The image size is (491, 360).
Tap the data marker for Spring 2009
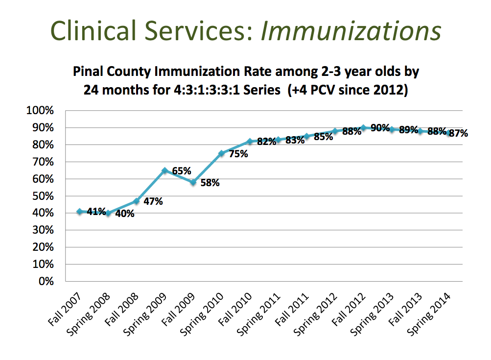(x=164, y=171)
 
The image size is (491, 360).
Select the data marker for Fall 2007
(x=79, y=212)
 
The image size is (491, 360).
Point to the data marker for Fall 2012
(x=363, y=127)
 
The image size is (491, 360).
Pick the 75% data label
(x=238, y=153)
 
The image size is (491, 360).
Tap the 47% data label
(x=153, y=201)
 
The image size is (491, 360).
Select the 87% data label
(x=458, y=133)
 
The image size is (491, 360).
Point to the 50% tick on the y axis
(x=43, y=196)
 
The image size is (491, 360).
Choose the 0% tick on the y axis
(x=46, y=281)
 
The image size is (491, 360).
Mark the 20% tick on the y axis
(x=43, y=247)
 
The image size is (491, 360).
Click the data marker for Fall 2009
(x=193, y=182)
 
